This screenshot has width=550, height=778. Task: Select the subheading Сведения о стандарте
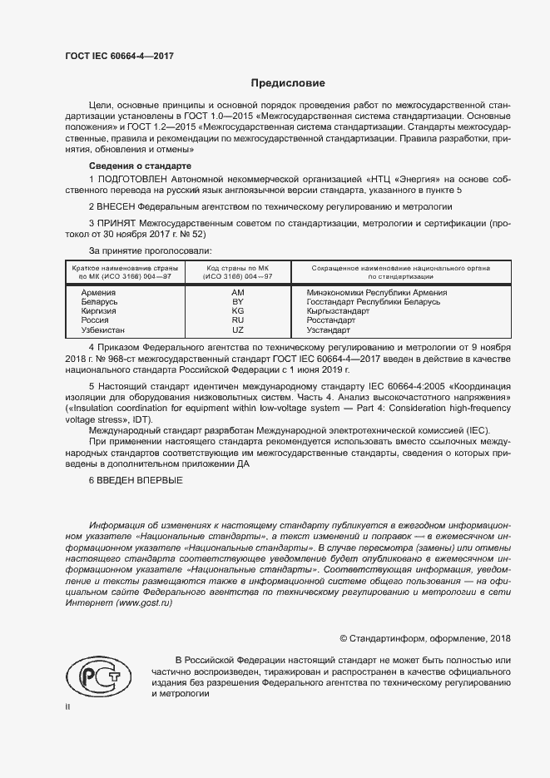tap(134, 166)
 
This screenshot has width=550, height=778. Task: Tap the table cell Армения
tap(98, 293)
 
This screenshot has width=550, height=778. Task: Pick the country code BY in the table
tap(238, 302)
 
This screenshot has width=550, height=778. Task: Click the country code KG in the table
tap(238, 310)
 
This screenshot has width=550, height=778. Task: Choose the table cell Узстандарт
tap(330, 330)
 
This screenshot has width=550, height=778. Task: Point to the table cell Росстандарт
tap(331, 320)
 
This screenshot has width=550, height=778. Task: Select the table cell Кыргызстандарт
tap(338, 311)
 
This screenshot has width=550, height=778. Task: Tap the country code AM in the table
tap(238, 293)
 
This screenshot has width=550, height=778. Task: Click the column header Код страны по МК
tap(238, 268)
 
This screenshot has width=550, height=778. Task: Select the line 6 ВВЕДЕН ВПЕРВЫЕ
tap(136, 481)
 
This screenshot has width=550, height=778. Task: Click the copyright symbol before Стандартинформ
tap(344, 638)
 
